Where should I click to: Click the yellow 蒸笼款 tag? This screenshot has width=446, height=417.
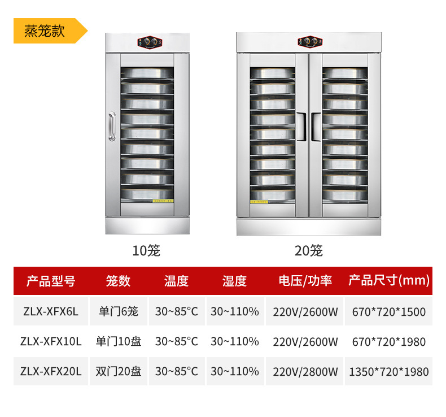[x=45, y=31]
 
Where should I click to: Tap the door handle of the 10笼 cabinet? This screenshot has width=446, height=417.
[x=112, y=127]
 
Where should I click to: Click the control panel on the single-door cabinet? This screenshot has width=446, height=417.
[x=149, y=44]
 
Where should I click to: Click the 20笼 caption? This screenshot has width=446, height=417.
[x=308, y=250]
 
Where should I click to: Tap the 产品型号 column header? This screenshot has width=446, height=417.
[x=51, y=281]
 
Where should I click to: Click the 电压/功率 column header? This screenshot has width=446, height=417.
[x=305, y=281]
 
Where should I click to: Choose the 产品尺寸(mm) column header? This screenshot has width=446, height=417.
[x=389, y=281]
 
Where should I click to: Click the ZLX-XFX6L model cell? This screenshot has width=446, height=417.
[x=51, y=311]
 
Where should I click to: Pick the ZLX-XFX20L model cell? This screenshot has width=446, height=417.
[x=51, y=371]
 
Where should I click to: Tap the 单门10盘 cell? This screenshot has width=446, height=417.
[x=119, y=341]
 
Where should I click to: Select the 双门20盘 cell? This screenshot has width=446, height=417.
[x=119, y=371]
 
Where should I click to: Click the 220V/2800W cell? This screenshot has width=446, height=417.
[x=305, y=371]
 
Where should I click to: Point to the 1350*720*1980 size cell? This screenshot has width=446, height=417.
[x=389, y=371]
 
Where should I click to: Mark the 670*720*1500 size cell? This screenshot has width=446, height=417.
[x=389, y=311]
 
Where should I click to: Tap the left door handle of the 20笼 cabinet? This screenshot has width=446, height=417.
[x=301, y=127]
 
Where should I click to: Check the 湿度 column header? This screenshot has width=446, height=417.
[x=234, y=281]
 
